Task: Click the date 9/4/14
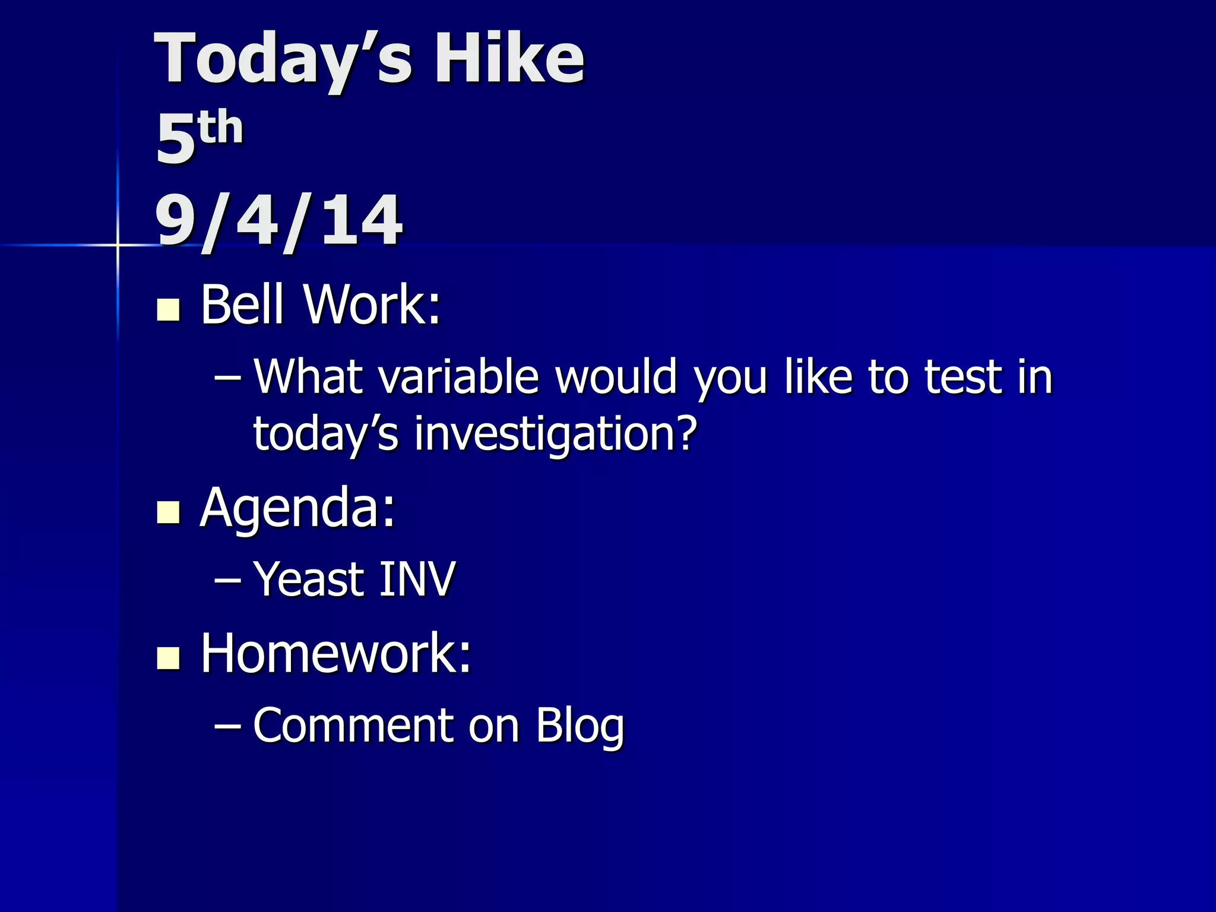[x=278, y=220]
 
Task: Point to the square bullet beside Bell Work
[x=169, y=309]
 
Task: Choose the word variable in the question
[x=458, y=376]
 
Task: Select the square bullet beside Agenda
[x=169, y=512]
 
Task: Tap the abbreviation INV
[x=417, y=579]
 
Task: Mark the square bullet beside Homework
[x=169, y=658]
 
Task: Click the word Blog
[x=579, y=726]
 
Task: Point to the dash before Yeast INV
[x=227, y=579]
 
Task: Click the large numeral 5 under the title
[x=176, y=139]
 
